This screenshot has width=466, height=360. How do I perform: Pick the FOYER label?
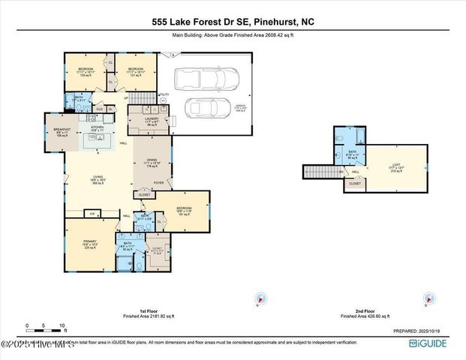(x=159, y=181)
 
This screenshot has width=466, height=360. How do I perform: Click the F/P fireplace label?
(x=92, y=214)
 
